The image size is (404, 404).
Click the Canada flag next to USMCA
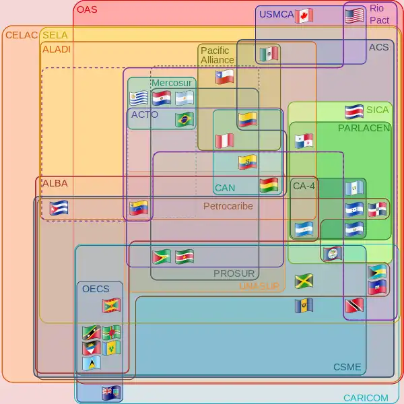click(x=304, y=15)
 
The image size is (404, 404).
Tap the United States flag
click(x=354, y=15)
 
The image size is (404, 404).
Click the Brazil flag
click(x=184, y=120)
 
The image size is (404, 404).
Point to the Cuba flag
click(x=59, y=208)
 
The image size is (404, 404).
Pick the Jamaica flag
click(x=304, y=281)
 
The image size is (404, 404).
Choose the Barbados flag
click(x=304, y=306)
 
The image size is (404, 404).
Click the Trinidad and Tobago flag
click(x=354, y=306)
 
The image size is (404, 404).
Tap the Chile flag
click(x=225, y=77)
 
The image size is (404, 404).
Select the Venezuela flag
click(x=139, y=208)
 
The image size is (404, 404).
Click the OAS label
click(x=87, y=9)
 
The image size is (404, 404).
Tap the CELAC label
click(x=21, y=34)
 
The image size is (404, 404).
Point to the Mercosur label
click(x=172, y=83)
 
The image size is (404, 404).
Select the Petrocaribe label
click(x=228, y=206)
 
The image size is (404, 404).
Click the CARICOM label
click(x=366, y=398)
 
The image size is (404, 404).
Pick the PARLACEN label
click(x=364, y=128)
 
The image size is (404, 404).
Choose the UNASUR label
click(x=259, y=286)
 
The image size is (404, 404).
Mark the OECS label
click(x=96, y=289)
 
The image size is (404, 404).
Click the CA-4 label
click(x=304, y=185)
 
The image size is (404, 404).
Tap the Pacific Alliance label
click(x=217, y=55)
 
